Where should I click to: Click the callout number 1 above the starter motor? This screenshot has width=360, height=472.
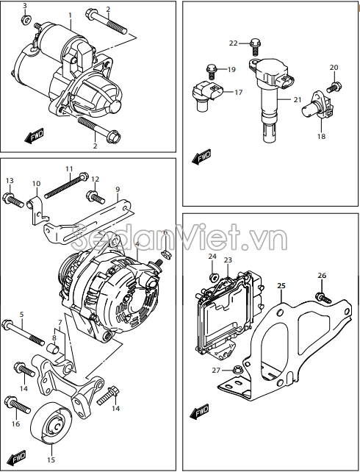[x=70, y=15]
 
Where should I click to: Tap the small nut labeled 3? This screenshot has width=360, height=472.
[x=26, y=20]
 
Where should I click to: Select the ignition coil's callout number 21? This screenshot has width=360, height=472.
[x=297, y=99]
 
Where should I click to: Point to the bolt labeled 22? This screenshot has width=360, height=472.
[x=255, y=47]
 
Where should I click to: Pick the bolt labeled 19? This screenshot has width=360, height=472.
[x=212, y=71]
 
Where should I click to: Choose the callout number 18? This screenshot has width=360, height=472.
[x=321, y=136]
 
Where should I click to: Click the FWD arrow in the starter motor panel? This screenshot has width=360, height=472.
[x=34, y=136]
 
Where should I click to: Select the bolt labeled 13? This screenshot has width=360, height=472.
[x=13, y=200]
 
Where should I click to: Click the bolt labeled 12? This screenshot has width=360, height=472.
[x=96, y=197]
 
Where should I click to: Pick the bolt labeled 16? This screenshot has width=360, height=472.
[x=18, y=405]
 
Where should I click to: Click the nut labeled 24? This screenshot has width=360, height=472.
[x=212, y=278]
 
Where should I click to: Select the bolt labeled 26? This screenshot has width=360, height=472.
[x=323, y=298]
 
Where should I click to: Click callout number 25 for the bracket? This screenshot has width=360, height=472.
[x=281, y=286]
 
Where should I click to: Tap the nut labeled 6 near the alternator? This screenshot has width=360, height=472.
[x=165, y=254]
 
